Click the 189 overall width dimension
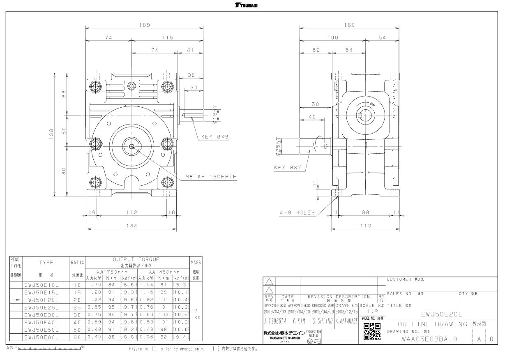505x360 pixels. click(144, 25)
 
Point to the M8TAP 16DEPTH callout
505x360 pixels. click(211, 177)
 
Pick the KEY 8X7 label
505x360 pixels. click(288, 168)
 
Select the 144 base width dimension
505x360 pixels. click(131, 225)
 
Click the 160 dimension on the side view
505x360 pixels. click(350, 25)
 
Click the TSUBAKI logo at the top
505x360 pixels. click(252, 5)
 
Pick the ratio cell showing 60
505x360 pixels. click(77, 337)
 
